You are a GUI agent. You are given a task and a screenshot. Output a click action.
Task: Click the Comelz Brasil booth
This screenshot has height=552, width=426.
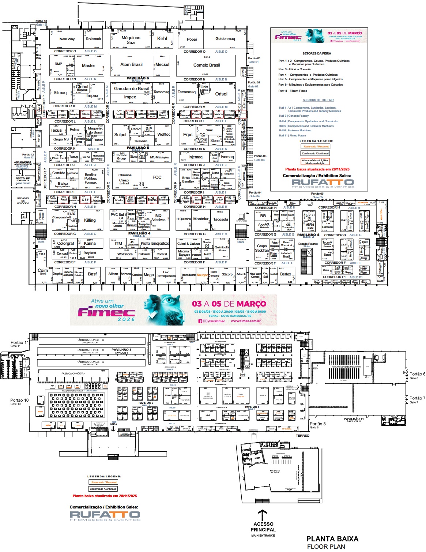(207, 65)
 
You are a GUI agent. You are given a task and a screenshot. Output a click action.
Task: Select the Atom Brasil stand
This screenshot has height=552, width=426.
(131, 64)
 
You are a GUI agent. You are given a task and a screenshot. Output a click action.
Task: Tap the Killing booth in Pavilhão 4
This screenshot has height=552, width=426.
(90, 220)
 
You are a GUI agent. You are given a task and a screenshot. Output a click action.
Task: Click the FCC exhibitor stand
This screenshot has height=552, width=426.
(157, 177)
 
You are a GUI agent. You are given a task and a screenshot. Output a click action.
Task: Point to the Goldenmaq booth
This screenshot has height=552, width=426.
(225, 39)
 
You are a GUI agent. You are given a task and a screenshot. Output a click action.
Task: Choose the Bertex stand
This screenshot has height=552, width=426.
(286, 274)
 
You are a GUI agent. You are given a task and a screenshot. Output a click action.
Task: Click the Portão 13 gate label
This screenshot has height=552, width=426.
(41, 21)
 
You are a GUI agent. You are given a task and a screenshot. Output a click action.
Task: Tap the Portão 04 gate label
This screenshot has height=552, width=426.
(255, 192)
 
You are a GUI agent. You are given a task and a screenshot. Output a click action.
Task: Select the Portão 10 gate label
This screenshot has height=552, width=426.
(19, 400)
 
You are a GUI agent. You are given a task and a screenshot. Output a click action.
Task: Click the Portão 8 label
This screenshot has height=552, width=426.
(317, 424)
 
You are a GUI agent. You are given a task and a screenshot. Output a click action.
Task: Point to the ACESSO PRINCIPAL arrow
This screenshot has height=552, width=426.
(262, 515)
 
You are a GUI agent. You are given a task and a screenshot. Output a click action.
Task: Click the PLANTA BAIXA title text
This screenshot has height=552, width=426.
(332, 539)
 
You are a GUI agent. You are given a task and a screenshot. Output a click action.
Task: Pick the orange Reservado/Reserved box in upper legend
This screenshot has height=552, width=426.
(316, 146)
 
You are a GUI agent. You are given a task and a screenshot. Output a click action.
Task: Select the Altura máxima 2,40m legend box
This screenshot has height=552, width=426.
(314, 162)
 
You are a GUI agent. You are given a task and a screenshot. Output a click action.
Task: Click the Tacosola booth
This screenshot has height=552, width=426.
(220, 219)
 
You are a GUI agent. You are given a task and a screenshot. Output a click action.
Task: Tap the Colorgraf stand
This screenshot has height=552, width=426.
(65, 243)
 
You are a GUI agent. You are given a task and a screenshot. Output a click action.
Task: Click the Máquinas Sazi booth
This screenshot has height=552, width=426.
(131, 40)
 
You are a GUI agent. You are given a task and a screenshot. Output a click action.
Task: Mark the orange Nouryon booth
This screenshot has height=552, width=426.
(203, 275)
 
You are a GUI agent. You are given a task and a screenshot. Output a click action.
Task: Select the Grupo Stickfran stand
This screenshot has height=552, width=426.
(261, 248)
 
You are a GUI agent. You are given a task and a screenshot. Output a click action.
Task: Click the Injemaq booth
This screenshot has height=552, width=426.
(195, 157)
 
